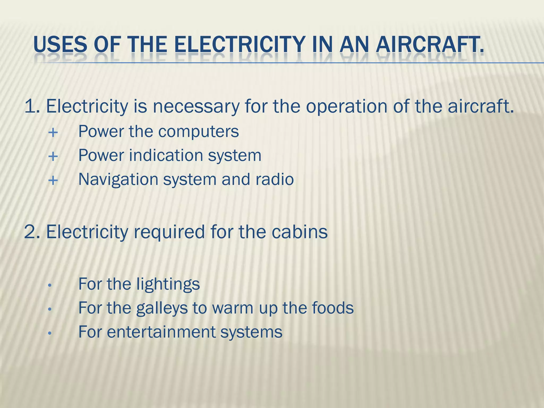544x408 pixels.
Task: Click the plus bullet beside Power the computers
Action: pos(53,132)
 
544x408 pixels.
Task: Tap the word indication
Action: pos(166,155)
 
